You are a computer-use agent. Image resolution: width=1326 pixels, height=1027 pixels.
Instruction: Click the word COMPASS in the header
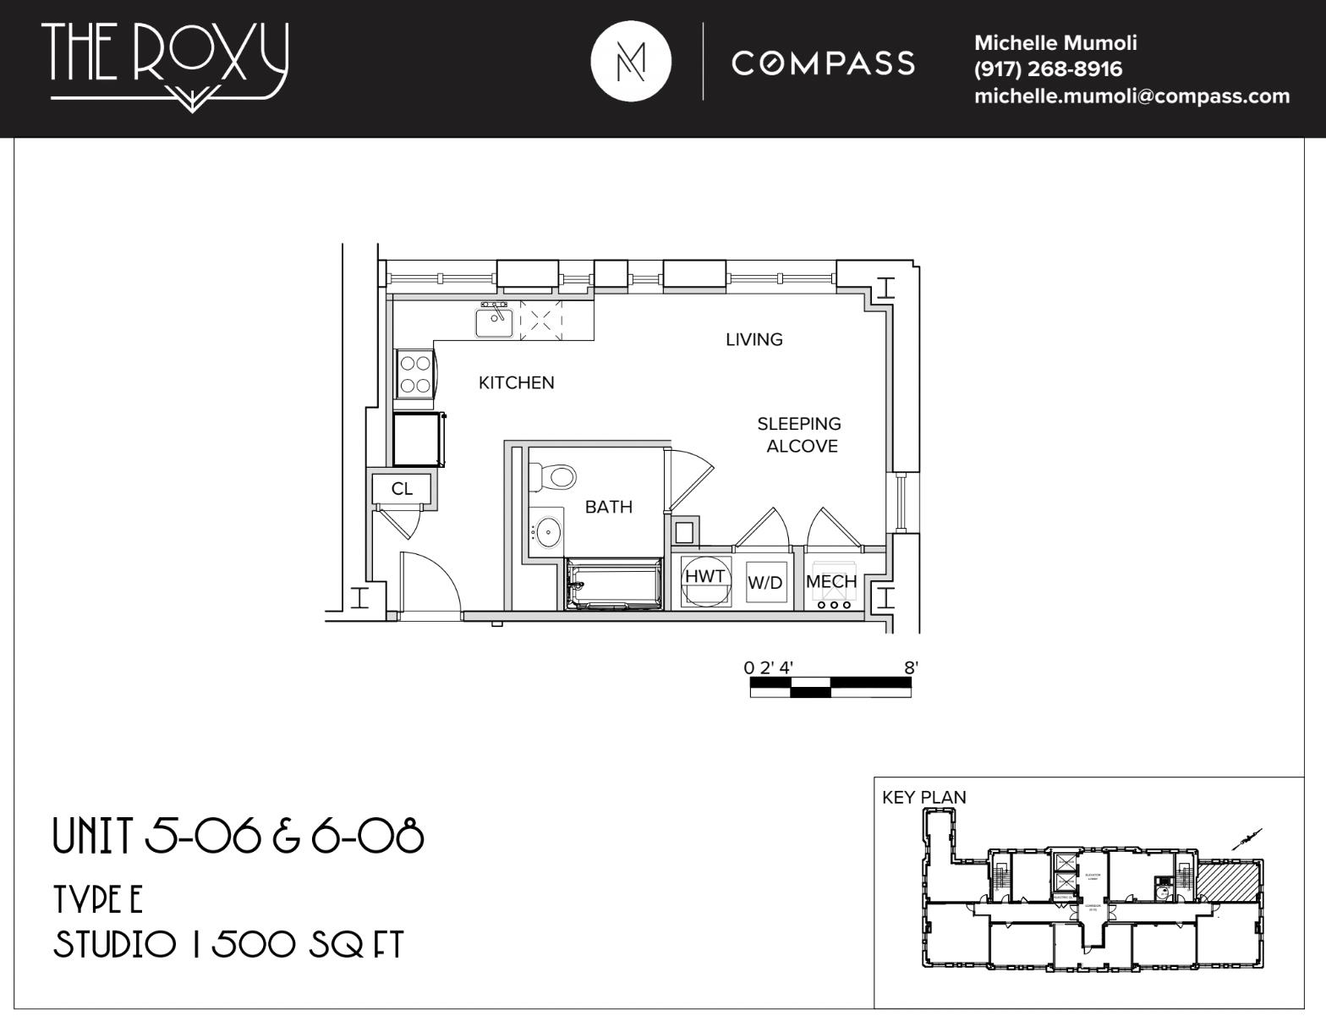(823, 63)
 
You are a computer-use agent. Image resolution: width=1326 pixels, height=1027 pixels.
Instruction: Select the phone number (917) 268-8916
(1048, 69)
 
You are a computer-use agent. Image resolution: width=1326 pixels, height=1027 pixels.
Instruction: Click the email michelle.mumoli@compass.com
(1131, 96)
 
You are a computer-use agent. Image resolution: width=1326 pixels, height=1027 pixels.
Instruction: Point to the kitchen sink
(494, 322)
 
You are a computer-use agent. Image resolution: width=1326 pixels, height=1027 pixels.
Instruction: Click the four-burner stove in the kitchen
(414, 374)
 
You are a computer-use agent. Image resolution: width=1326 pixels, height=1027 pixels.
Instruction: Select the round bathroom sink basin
(548, 532)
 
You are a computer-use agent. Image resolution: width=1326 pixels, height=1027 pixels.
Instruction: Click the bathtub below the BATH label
(614, 584)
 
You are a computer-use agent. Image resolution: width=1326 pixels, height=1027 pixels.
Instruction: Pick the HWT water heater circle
(704, 579)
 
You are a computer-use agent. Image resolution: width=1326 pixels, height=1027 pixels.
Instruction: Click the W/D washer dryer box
(765, 582)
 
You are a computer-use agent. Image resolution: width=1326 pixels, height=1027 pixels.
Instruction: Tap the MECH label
(830, 581)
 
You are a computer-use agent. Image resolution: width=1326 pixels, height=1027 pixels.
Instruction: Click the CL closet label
(402, 489)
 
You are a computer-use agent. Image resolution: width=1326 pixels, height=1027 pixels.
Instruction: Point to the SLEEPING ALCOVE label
(799, 435)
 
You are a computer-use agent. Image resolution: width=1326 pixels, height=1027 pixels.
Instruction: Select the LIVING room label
(754, 339)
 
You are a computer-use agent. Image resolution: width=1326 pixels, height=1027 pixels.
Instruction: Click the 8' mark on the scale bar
(910, 667)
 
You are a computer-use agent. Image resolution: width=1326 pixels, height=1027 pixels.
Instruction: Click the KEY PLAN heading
(923, 797)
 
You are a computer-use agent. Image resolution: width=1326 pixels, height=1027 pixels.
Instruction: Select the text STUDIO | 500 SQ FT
(228, 945)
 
